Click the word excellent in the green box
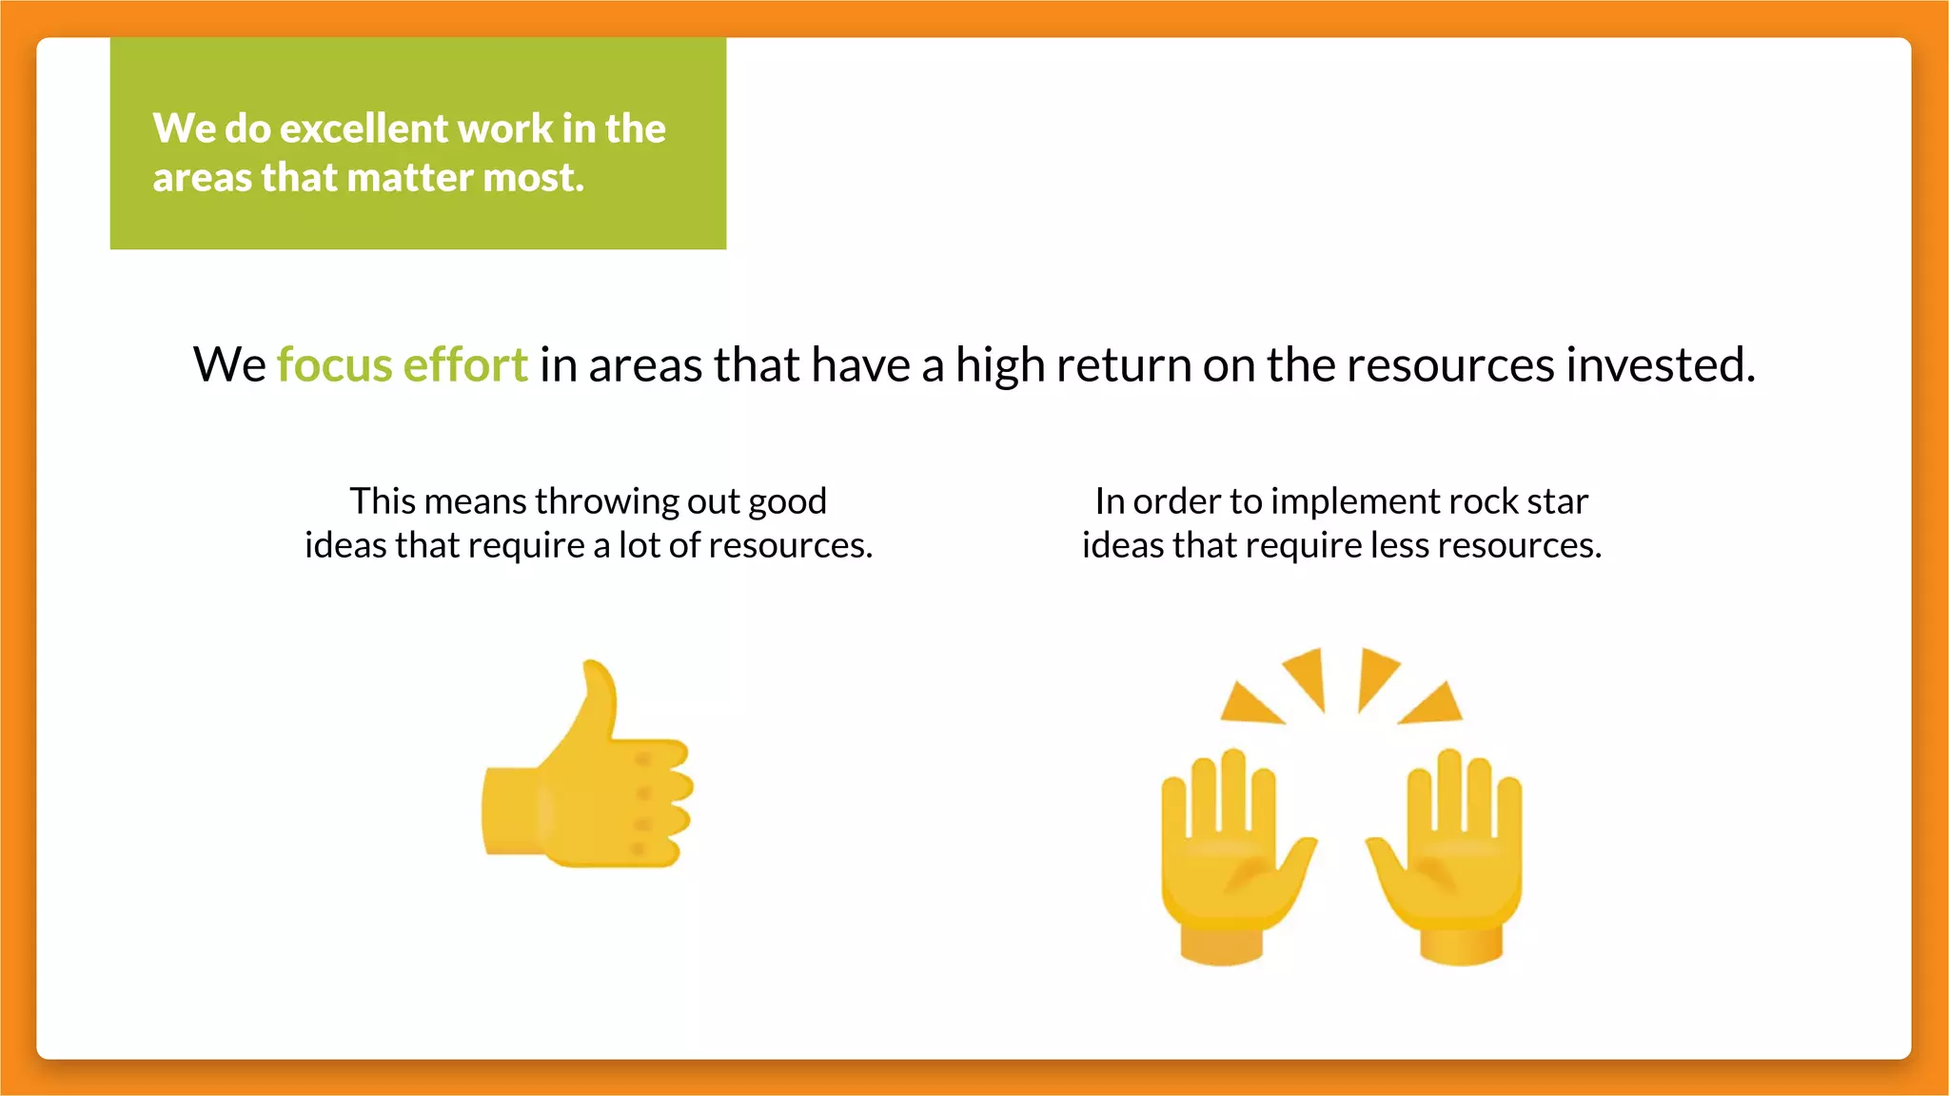click(x=363, y=128)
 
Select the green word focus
click(x=334, y=365)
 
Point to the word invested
click(x=1660, y=365)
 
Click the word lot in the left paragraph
click(x=638, y=546)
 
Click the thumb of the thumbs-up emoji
click(x=595, y=704)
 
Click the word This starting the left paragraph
click(x=383, y=501)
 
